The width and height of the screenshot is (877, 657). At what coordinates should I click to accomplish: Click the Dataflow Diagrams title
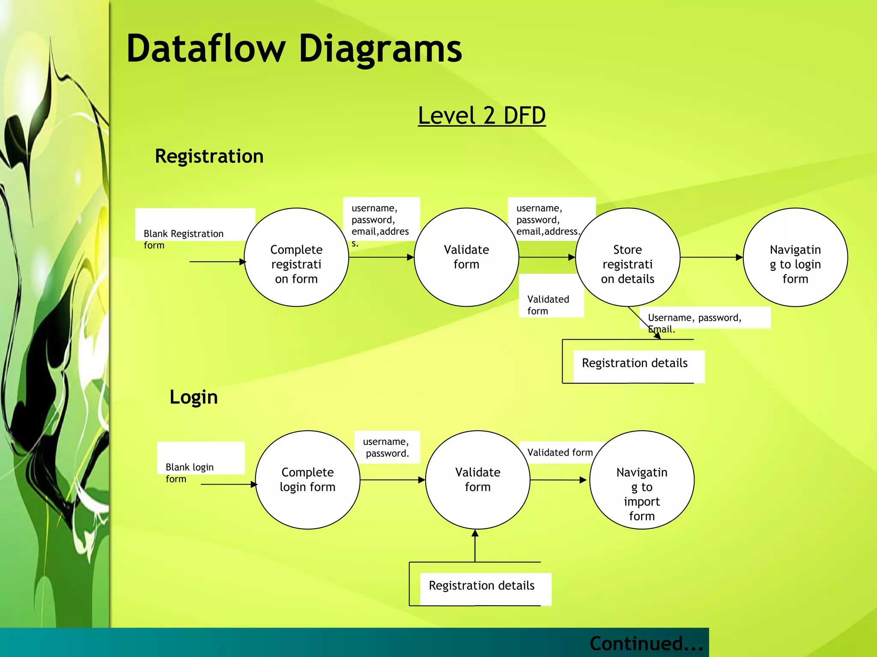(294, 49)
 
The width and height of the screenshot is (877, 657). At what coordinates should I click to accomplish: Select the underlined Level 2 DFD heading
(481, 115)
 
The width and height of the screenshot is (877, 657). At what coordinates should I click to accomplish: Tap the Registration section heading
(209, 156)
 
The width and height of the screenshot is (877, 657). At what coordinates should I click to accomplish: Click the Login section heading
(194, 397)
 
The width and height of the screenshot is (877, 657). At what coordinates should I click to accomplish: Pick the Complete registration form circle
(296, 257)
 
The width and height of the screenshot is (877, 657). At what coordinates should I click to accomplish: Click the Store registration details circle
(627, 257)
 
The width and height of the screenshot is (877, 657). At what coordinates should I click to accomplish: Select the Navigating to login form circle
(795, 257)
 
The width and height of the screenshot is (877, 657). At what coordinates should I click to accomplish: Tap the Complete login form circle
(307, 480)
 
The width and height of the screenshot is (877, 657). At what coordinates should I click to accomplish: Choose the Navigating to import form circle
(641, 480)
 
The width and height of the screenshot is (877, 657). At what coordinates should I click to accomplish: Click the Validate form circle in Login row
(477, 480)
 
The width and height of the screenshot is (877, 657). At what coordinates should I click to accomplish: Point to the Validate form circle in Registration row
(466, 257)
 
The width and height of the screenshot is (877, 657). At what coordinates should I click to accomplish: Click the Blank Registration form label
(184, 239)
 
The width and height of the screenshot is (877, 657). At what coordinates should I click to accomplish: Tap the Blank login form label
(190, 472)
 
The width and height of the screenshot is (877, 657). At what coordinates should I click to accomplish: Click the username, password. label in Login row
(386, 447)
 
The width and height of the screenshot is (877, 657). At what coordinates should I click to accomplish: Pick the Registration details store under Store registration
(634, 363)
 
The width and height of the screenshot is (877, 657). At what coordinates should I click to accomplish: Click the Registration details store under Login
(481, 586)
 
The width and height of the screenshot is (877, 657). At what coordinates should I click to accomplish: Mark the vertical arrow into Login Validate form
(475, 546)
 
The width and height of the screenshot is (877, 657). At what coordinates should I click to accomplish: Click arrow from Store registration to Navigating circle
(711, 257)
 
